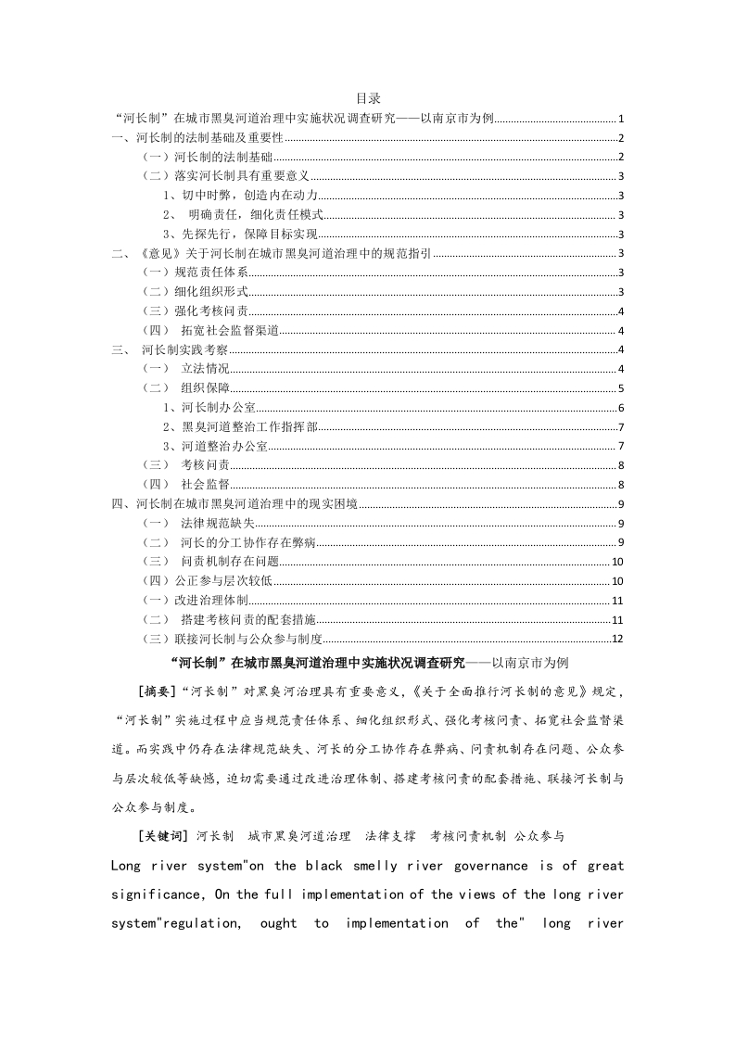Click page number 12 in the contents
coord(617,640)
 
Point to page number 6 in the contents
coord(620,409)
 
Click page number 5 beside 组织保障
coord(620,389)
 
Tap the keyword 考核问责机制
coord(468,836)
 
